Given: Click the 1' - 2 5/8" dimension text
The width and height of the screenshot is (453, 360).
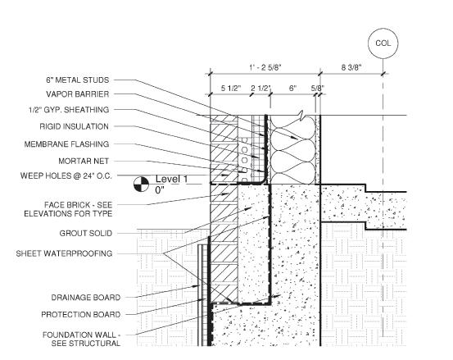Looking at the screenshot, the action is point(265,68).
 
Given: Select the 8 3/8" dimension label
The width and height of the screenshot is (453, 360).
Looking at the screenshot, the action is point(351,68).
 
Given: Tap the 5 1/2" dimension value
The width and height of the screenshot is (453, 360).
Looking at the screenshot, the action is point(231,89).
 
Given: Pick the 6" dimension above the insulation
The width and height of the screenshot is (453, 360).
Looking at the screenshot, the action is point(293,89).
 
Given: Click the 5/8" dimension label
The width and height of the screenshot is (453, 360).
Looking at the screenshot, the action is point(318,89).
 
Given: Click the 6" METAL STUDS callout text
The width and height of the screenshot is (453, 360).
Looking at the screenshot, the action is point(78,80).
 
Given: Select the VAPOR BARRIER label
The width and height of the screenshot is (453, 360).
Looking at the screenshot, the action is point(78,94).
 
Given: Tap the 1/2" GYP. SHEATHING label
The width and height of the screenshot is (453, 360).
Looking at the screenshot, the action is point(69,110).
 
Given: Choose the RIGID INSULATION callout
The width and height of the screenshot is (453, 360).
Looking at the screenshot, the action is point(75,126).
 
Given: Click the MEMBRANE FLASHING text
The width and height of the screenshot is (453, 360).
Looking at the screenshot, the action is point(66,144).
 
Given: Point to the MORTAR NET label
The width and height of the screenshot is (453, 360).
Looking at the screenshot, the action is point(84,161).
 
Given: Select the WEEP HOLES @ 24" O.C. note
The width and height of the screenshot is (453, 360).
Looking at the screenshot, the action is point(66,175).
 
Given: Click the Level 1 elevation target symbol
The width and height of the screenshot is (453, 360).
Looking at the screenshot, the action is point(141,184).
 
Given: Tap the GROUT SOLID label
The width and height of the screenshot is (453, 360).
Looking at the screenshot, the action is point(86,234).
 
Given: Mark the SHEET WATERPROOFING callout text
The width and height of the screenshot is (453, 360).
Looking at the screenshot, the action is point(64,253).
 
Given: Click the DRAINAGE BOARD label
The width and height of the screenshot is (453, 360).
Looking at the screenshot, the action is point(86,298).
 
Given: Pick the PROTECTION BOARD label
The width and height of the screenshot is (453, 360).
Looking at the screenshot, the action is point(81,315).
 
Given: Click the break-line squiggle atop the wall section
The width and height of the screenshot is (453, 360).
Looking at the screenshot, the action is point(300,116).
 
